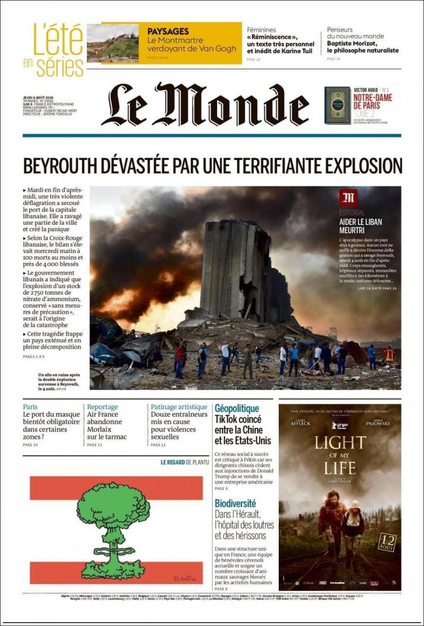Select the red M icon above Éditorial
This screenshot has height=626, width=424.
coord(348,198)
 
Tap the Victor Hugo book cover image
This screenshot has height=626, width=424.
coord(337,105)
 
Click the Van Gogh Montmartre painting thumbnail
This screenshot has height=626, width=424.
coord(113,43)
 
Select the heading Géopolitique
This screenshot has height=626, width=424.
coord(236,408)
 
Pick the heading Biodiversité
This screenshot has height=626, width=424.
coord(235,502)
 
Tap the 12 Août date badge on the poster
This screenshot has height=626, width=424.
coord(386,542)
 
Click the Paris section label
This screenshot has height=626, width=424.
coord(30,407)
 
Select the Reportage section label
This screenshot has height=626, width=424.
coord(102,407)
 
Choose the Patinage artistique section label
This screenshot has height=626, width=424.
coord(179,407)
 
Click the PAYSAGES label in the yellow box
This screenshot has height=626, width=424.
coord(168,32)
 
